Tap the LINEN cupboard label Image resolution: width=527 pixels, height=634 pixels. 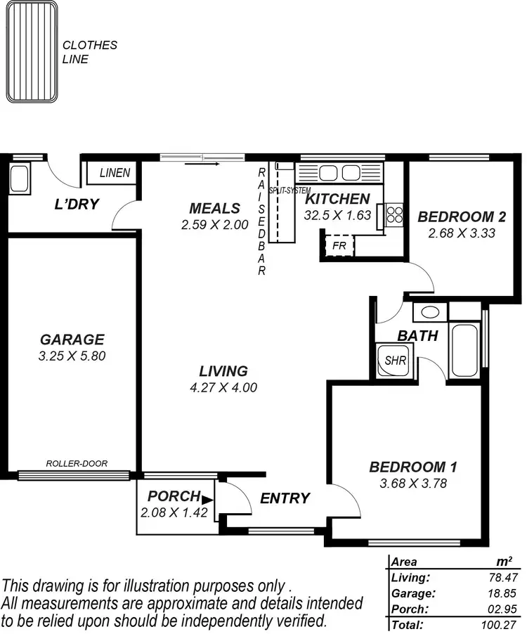coord(115,172)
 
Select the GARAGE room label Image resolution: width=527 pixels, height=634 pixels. coord(72,339)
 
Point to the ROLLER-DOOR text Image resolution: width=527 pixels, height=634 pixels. coord(77,463)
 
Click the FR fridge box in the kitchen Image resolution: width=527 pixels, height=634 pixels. coord(339,246)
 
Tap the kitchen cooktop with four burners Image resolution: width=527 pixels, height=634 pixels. coord(393,214)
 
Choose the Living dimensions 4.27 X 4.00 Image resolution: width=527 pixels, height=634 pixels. coord(223,387)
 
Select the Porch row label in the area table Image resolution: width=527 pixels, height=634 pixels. coord(407,609)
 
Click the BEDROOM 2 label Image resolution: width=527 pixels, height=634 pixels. coord(462,216)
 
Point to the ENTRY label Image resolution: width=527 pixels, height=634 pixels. coord(285,498)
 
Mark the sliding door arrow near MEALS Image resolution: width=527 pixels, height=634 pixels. coord(203,164)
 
